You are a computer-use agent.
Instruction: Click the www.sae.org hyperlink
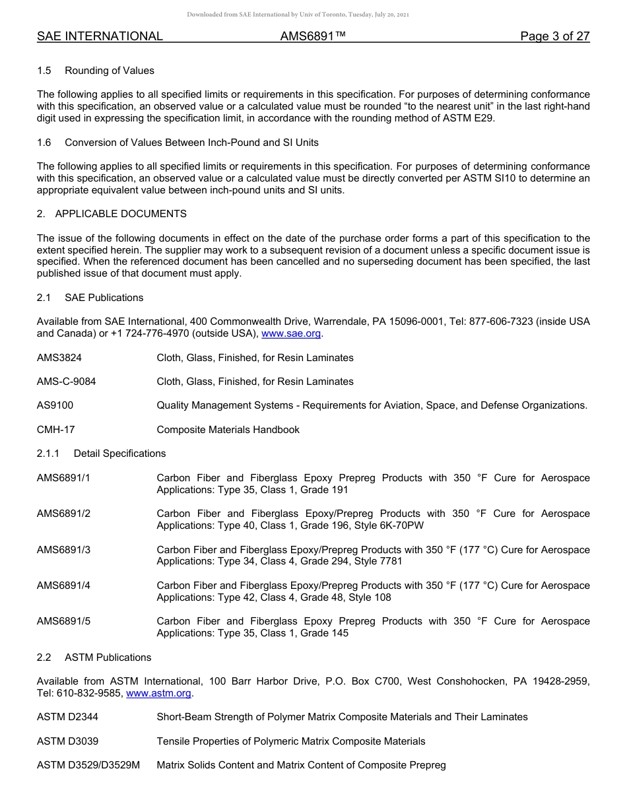(x=291, y=333)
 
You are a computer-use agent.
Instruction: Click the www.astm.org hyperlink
(x=158, y=693)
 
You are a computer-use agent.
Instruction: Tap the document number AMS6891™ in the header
(x=313, y=36)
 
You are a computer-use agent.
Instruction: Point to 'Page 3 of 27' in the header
(x=554, y=36)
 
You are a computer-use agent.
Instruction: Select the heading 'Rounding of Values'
(x=110, y=71)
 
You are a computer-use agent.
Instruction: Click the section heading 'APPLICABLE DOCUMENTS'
(x=121, y=214)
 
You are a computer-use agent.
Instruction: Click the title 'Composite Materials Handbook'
(x=228, y=430)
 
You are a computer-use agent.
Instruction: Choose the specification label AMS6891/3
(x=63, y=550)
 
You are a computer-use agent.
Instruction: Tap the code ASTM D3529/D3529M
(x=88, y=765)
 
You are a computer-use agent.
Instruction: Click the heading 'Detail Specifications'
(x=119, y=454)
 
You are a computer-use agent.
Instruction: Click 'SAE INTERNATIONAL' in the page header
(x=100, y=36)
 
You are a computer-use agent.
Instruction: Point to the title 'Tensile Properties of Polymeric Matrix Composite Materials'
(x=290, y=741)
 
